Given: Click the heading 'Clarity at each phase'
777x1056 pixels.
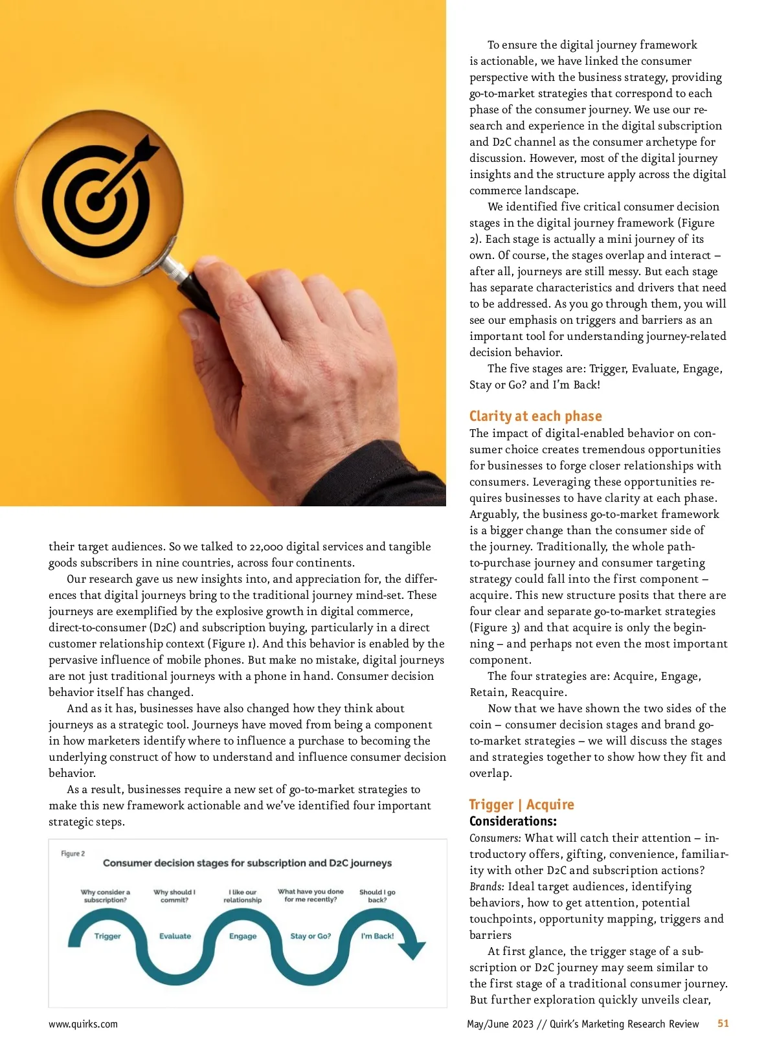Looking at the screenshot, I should (x=535, y=416).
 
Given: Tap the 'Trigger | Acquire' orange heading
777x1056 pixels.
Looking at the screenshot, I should (x=521, y=805).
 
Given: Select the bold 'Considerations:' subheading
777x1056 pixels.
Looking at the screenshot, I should (x=513, y=822).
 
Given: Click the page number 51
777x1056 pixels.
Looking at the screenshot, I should (x=723, y=1024).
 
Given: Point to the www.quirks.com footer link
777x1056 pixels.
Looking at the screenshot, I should (x=83, y=1024).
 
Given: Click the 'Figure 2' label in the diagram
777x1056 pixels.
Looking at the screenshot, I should (x=73, y=853).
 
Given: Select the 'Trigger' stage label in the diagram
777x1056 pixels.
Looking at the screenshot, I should (x=107, y=936).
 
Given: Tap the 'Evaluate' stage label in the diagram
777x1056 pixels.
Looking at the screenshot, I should (x=175, y=936).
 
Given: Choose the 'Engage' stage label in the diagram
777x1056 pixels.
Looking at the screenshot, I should (x=243, y=936).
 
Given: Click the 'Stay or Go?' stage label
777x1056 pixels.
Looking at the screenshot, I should (x=311, y=936).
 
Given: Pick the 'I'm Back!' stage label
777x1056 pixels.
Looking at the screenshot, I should (x=377, y=936).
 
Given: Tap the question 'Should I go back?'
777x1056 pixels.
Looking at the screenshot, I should (x=377, y=896).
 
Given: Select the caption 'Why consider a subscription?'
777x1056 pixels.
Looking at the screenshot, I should (x=106, y=896).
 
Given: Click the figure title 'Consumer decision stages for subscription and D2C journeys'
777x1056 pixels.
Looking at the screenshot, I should (x=247, y=863).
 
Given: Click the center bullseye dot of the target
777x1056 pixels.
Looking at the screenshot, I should (x=95, y=201).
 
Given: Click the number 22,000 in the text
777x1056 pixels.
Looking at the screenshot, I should (x=266, y=547).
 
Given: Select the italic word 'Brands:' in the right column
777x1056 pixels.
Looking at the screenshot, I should (x=487, y=887).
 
